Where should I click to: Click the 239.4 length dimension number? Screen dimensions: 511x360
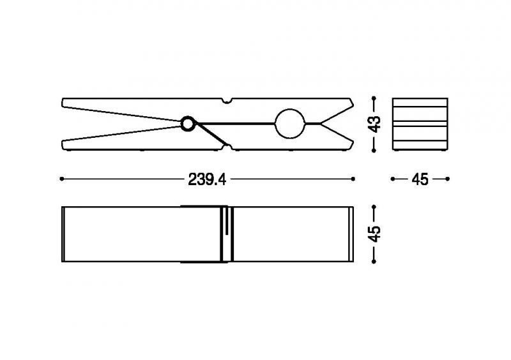pos(207,179)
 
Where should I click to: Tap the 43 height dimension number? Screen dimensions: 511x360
pos(374,124)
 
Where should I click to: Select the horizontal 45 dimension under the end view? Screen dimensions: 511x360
pos(420,179)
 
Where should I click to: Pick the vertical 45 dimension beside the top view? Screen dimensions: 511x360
pos(374,234)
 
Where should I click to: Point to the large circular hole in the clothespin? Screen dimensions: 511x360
pos(290,123)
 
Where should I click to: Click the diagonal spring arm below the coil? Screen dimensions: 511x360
pos(213,134)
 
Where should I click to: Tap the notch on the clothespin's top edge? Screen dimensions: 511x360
pos(227,100)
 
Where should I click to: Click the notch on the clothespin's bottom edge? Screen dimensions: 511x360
pos(227,147)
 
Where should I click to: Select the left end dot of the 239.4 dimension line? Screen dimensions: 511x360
pos(62,179)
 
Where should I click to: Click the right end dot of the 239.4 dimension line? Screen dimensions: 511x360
pos(353,179)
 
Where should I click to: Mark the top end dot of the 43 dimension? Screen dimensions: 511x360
pos(374,98)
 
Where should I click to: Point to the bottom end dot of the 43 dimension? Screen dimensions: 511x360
pos(374,150)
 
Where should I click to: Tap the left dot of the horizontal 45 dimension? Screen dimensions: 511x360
pos(393,179)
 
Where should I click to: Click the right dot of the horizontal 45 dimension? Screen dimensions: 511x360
pos(448,179)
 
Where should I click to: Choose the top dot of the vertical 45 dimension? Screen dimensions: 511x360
pos(374,207)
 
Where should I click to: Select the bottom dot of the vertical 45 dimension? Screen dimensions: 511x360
pos(374,261)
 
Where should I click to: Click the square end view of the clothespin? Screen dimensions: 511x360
pos(420,124)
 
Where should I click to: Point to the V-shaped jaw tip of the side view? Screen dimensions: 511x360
pos(321,123)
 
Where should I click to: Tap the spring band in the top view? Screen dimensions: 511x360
pos(204,234)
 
